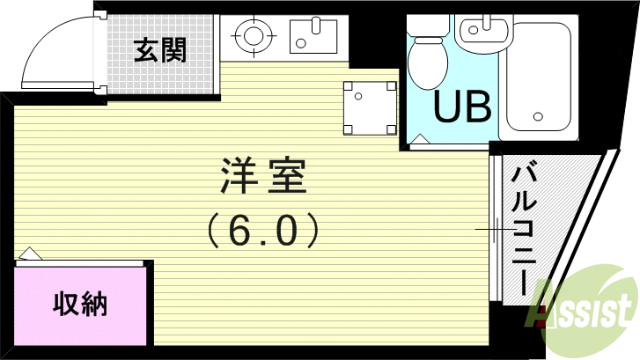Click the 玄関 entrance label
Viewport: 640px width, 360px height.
pos(159,49)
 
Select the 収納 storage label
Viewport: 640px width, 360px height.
pos(80,301)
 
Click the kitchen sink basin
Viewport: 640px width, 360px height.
pos(313,37)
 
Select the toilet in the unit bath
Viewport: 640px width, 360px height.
pos(428,60)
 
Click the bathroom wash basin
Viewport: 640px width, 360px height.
pos(476,32)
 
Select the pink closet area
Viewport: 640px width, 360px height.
pos(80,300)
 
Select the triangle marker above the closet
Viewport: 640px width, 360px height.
pos(29,254)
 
